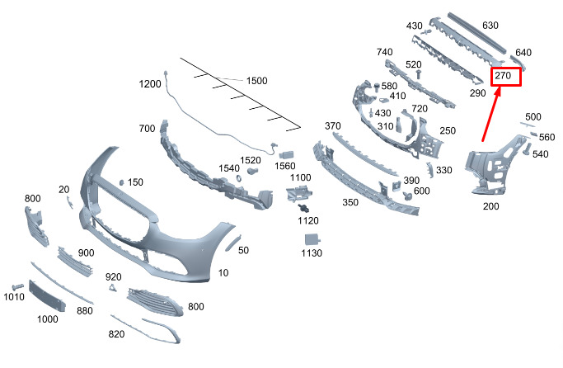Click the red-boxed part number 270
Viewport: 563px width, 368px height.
(503, 75)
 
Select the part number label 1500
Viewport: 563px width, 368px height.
(256, 81)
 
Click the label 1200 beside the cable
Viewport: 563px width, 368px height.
(150, 84)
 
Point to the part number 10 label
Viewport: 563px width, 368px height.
(223, 273)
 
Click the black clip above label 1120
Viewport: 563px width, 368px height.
(304, 208)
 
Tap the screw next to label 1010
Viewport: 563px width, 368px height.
(17, 287)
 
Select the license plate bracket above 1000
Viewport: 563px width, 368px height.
(47, 295)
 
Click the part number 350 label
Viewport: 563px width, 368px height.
(350, 202)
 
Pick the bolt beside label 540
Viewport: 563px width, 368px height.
(527, 149)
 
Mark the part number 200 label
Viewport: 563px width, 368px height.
(490, 206)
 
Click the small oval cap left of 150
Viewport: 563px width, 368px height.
(121, 182)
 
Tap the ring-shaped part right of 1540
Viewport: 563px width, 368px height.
(238, 178)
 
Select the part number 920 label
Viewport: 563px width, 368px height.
(113, 276)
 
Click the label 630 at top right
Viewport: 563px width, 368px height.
(490, 25)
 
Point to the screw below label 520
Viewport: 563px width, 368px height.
(418, 74)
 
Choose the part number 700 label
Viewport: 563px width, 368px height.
(147, 128)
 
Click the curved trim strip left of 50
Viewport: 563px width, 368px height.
(233, 243)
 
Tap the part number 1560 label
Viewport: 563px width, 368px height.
(285, 166)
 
